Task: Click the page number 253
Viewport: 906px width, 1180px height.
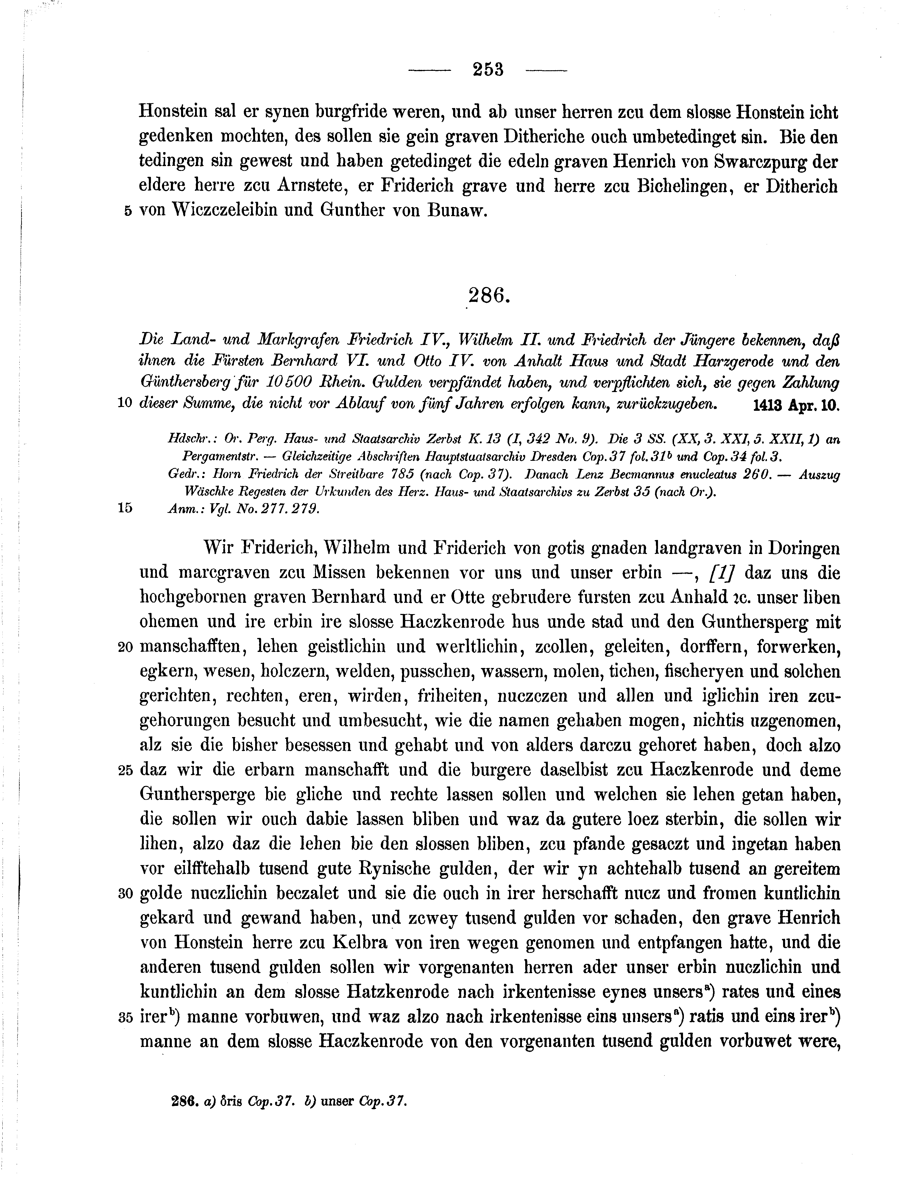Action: click(487, 70)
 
